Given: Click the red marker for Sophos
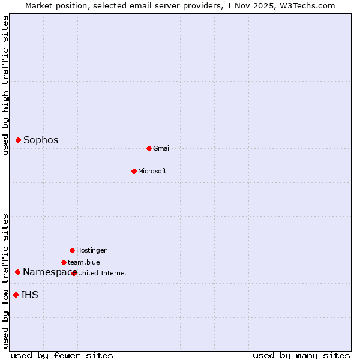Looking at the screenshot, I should click(19, 140).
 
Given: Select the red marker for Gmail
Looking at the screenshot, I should click(149, 148).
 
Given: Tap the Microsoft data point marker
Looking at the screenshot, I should click(134, 171).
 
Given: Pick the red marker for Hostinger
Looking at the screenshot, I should click(72, 250).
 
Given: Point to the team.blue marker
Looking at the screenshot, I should click(64, 262).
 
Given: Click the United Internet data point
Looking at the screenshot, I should click(74, 273).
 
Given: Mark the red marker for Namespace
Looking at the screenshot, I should click(18, 272).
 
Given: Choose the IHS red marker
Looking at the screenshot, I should click(16, 295).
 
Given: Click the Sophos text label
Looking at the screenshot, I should click(41, 140).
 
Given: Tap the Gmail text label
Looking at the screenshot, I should click(162, 148).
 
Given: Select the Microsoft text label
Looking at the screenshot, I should click(152, 171).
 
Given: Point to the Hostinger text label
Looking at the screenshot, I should click(91, 250).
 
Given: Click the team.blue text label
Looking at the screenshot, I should click(84, 262).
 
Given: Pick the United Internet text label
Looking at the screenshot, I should click(103, 273).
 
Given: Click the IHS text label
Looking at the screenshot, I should click(30, 295).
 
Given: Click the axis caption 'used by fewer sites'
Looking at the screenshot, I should click(62, 355).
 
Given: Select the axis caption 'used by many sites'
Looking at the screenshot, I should click(301, 355).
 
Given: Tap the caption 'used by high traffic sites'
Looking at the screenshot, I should click(6, 85).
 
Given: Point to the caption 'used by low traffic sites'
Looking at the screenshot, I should click(6, 281).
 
